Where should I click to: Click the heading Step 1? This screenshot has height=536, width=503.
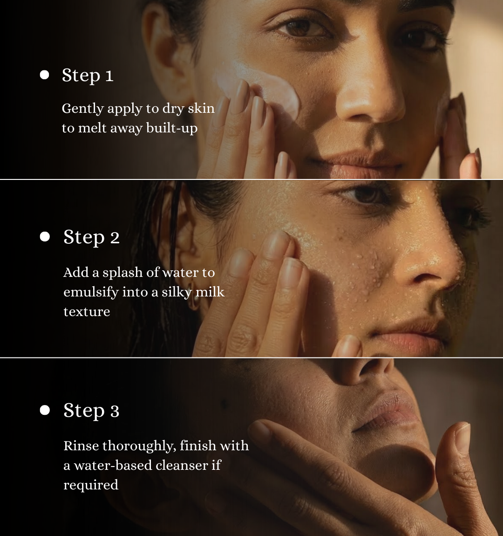point(88,76)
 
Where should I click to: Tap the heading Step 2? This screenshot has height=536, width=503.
point(91,237)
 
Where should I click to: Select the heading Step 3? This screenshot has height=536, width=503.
point(91,411)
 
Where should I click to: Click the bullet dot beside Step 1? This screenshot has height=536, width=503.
point(44,75)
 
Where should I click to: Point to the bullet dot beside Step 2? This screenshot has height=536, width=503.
point(45,237)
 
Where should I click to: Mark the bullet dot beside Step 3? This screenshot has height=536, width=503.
point(45,410)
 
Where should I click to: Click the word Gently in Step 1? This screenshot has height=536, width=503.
point(82,109)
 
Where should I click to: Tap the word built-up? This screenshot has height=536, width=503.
point(172,128)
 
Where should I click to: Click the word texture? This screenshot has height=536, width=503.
point(87,312)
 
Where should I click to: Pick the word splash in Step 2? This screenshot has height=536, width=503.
point(122,273)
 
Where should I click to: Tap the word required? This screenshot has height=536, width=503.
point(91,485)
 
